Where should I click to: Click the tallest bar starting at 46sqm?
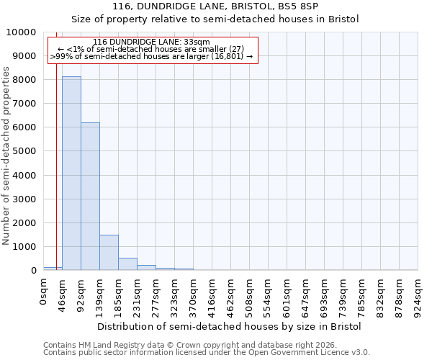coord(71,173)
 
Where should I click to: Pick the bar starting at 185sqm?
coord(127,264)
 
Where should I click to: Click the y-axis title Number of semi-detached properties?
coord(6,156)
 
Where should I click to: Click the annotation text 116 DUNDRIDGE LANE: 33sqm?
coord(151,42)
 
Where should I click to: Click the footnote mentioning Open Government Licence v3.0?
coord(207,353)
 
